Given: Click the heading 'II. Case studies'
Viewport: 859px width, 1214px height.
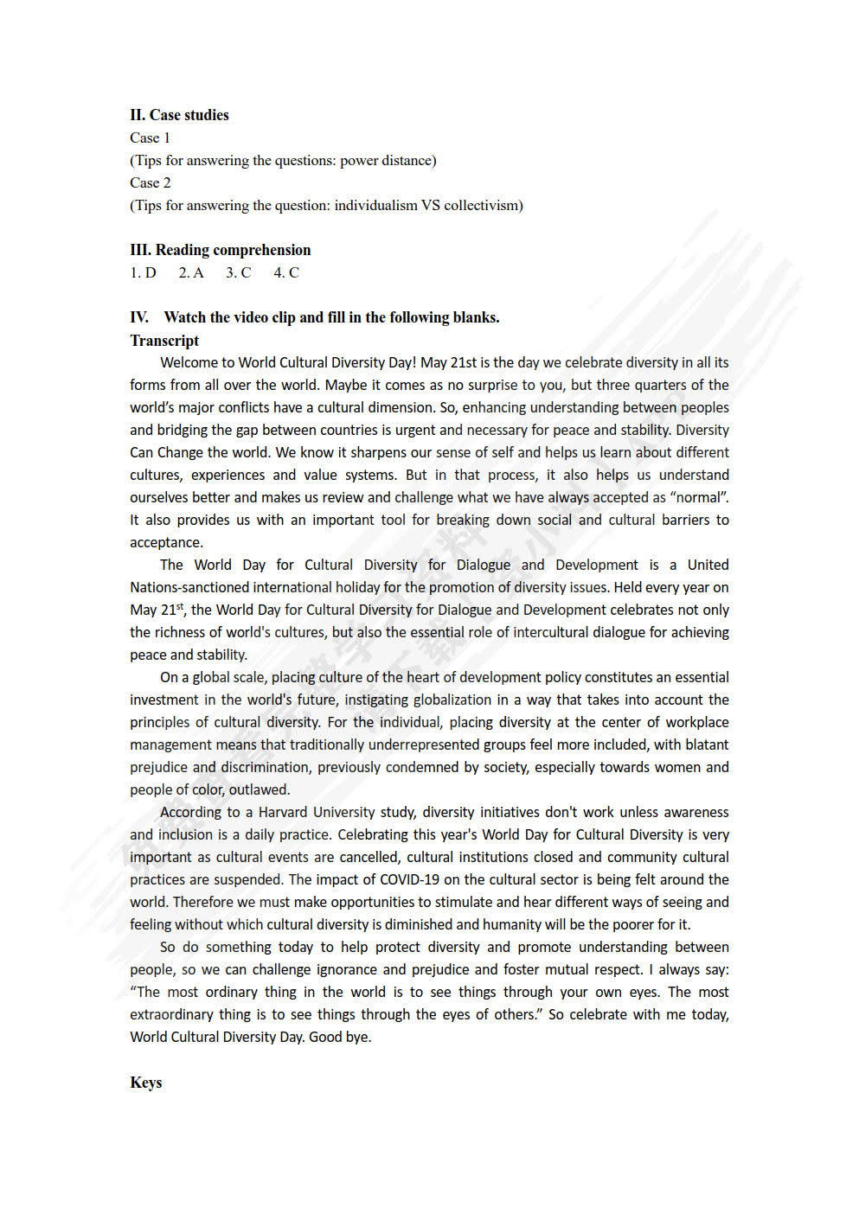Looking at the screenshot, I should tap(179, 115).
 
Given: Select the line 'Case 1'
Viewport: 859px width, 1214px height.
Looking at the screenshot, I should tap(150, 137).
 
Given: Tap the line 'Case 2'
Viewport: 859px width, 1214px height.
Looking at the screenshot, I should tap(150, 182).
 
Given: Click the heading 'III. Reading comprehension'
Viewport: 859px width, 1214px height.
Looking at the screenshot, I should tap(220, 250).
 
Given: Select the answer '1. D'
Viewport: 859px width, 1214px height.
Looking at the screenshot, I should tap(143, 272).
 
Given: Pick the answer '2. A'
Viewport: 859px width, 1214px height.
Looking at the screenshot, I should tap(191, 272).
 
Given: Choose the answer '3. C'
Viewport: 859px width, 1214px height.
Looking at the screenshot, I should tap(238, 272).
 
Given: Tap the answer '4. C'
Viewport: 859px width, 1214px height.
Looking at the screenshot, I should tap(286, 272).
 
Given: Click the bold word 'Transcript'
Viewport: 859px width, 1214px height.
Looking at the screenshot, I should tap(164, 341).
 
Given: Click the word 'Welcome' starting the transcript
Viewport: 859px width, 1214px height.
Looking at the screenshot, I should tap(187, 362).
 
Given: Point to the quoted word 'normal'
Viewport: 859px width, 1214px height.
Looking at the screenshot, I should tap(697, 497).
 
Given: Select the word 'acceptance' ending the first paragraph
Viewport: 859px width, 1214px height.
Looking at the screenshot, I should tap(165, 542).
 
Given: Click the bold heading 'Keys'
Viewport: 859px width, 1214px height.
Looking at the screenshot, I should tap(145, 1083).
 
